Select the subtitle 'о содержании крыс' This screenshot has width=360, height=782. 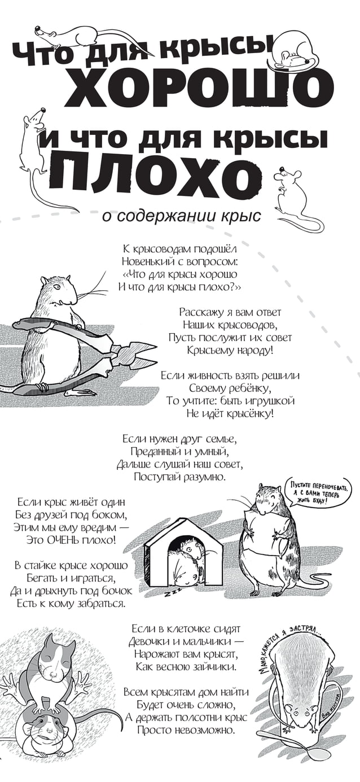[181, 216]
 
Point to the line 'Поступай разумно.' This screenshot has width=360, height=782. [179, 477]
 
